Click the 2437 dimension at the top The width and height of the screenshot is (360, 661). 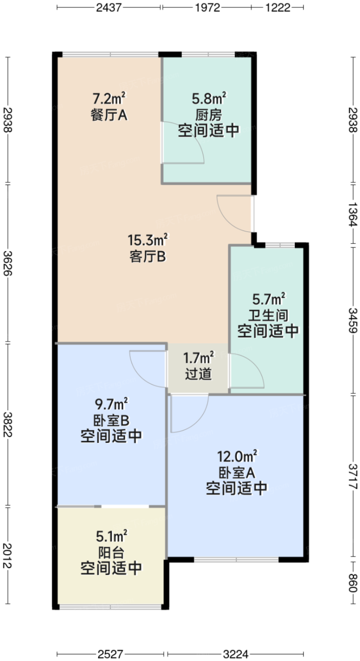[109, 8]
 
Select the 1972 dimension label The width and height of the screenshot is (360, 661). [208, 8]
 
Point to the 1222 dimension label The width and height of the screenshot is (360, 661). [278, 8]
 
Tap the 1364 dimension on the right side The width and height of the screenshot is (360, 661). [352, 214]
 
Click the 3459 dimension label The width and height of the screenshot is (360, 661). [352, 320]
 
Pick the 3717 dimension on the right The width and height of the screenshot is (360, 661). [352, 476]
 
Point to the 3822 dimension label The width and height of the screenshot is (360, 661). [8, 425]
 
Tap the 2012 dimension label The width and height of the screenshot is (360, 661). [8, 556]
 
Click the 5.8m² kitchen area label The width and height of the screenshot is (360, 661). [209, 98]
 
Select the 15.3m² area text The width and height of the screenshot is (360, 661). [148, 240]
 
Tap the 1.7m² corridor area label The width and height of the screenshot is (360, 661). [199, 358]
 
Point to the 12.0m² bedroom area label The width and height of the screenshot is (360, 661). [237, 457]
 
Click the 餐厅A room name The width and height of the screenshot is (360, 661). [109, 115]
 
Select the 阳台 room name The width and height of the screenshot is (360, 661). [111, 552]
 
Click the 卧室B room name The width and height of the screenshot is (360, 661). [111, 420]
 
